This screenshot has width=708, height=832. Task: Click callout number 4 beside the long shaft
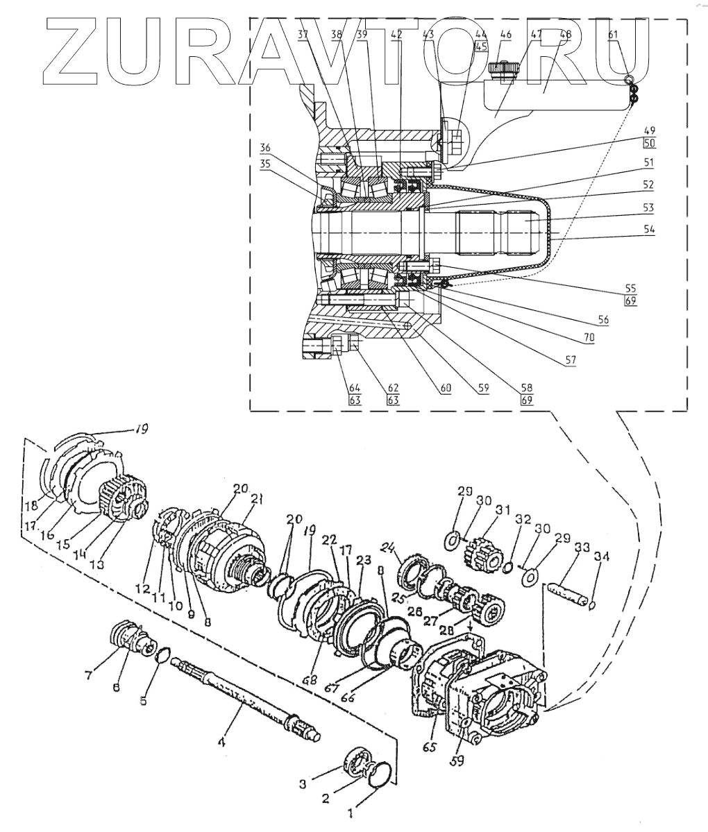coord(221,742)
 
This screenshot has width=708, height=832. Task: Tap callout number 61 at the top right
coord(613,36)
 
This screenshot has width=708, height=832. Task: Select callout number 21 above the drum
coord(256,499)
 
